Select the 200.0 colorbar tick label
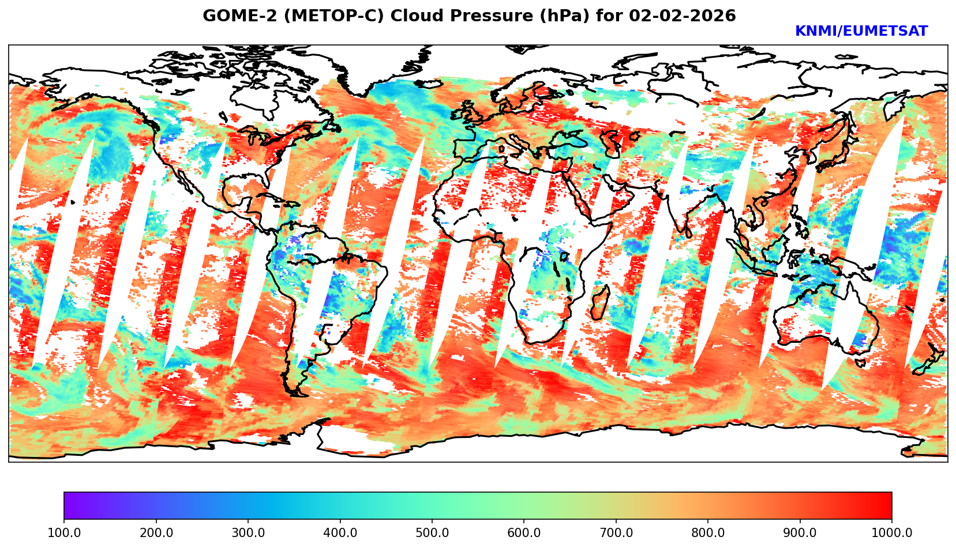(x=156, y=533)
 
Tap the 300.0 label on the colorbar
(x=248, y=533)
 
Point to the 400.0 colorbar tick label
(x=340, y=533)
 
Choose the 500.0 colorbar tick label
(x=432, y=533)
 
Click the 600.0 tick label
(x=524, y=533)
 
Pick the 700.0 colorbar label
(x=616, y=533)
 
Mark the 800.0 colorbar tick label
(x=708, y=533)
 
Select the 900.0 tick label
(x=800, y=533)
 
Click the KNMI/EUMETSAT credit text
(x=861, y=32)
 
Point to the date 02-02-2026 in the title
(x=683, y=16)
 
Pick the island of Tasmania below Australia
(x=860, y=362)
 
